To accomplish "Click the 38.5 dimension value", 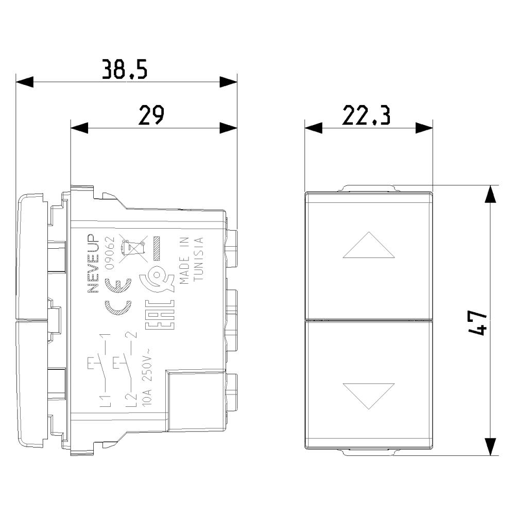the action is [125, 70].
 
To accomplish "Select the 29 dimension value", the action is [151, 115].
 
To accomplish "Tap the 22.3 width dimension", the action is [366, 115].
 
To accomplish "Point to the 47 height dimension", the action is [477, 323].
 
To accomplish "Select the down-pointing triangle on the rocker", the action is [369, 396].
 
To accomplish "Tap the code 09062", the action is [109, 252].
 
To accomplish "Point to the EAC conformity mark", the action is [160, 315].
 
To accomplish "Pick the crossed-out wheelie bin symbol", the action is [132, 249].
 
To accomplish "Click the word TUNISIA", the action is [199, 259].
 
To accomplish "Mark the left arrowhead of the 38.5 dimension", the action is [25, 82].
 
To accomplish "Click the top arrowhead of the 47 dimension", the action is [490, 194].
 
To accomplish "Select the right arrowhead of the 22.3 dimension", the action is [424, 128].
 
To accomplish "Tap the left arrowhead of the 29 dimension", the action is [79, 128].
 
